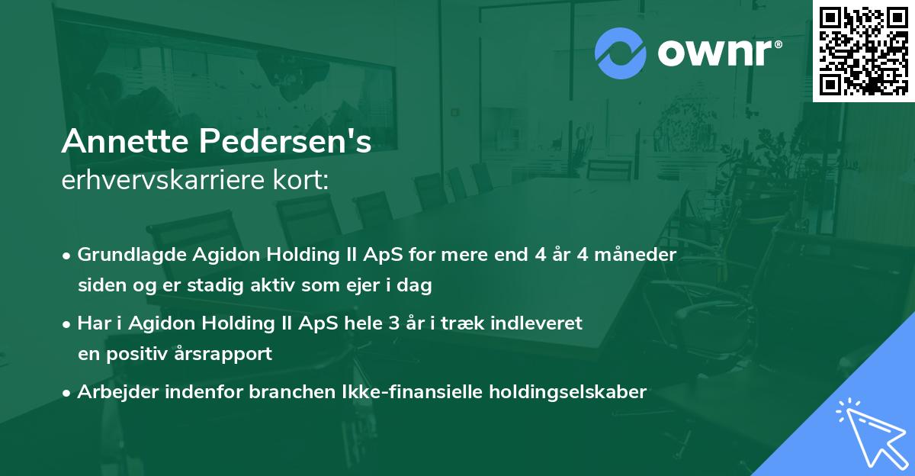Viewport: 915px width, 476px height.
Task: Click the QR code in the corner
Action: point(863,50)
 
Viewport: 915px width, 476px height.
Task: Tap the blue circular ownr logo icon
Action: point(621,53)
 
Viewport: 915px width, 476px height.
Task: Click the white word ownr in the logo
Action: point(714,53)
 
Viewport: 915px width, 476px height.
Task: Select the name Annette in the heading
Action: point(125,141)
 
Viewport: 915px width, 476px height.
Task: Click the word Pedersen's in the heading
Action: point(285,141)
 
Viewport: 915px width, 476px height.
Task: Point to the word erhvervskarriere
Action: point(163,180)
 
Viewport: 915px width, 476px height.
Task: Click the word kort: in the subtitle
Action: point(300,180)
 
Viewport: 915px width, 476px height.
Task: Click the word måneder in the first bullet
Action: point(635,255)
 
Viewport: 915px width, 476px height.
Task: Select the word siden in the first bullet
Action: point(102,285)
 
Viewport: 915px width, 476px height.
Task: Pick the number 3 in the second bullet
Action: point(393,323)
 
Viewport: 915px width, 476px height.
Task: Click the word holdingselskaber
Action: point(568,392)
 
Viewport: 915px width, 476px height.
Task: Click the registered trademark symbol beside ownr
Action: point(778,44)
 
